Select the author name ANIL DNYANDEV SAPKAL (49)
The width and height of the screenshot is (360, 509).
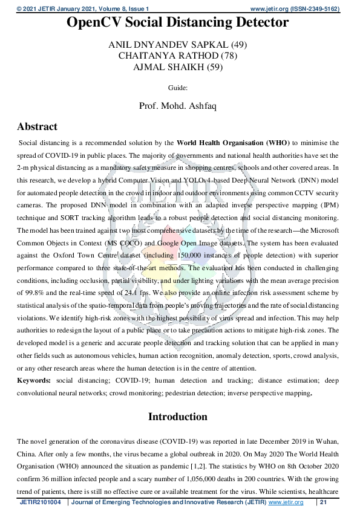(x=177, y=45)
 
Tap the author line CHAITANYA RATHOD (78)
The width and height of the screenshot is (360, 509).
(x=178, y=56)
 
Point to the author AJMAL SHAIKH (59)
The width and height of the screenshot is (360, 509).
(x=178, y=67)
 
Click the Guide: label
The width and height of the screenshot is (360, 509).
(x=178, y=88)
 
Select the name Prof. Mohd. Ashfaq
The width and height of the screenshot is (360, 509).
(x=178, y=105)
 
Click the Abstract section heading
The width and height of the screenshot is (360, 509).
(x=38, y=127)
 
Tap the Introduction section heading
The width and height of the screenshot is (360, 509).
(x=178, y=417)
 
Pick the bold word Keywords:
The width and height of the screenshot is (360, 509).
(x=34, y=380)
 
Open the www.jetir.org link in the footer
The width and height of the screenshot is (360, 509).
(x=285, y=502)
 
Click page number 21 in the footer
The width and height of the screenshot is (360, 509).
(x=324, y=502)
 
